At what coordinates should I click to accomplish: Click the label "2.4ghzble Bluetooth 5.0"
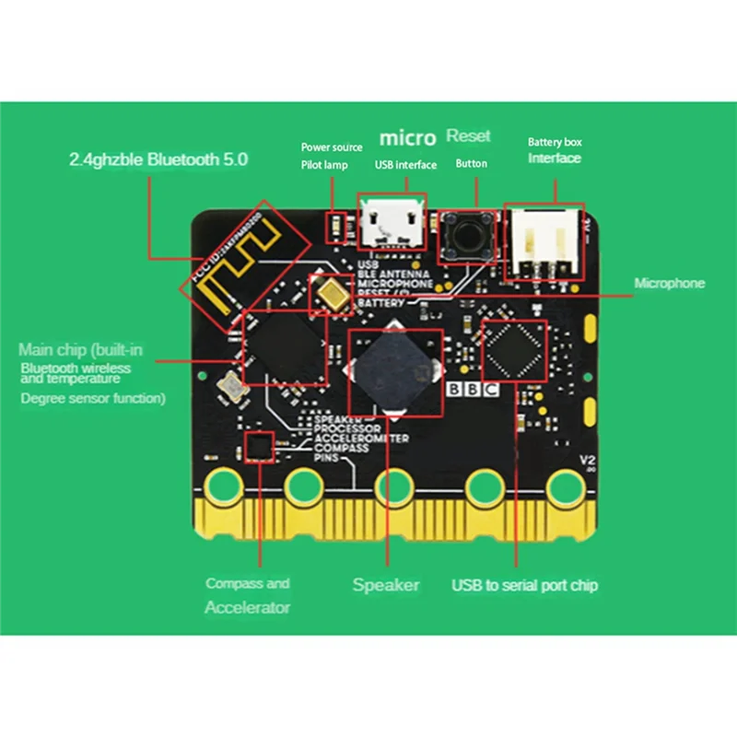point(158,158)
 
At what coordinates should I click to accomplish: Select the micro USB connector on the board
point(392,223)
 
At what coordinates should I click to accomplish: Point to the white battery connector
point(544,242)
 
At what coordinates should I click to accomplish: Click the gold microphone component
point(331,294)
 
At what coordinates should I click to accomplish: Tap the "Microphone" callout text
point(670,283)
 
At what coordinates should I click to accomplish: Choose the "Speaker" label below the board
point(386,584)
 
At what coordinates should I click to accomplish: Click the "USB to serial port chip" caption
point(524,584)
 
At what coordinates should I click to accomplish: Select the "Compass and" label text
point(248,583)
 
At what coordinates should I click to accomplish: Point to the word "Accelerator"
point(247,607)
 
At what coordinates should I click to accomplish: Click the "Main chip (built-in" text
point(81,349)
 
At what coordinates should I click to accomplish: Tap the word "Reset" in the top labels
point(468,135)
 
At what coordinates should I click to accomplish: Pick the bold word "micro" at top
point(407,139)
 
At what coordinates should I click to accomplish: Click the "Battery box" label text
point(555,142)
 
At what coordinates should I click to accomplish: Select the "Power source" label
point(332,147)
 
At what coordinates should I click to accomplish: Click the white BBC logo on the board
point(473,389)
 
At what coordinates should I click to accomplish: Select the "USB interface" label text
point(405,165)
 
